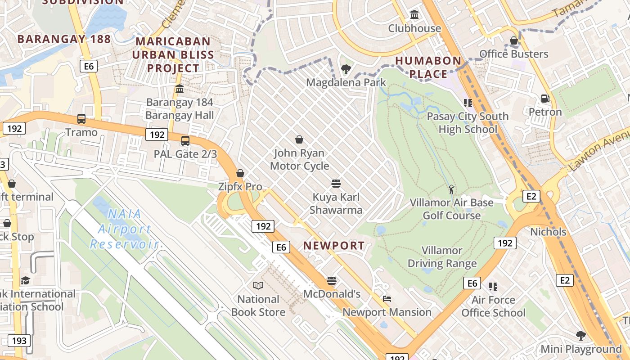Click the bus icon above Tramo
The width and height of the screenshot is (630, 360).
[81, 119]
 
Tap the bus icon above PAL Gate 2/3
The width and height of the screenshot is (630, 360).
[185, 140]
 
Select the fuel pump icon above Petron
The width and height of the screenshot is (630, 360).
[545, 98]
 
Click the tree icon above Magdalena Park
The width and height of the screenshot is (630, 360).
[346, 69]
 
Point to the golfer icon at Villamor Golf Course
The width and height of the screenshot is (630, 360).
[451, 189]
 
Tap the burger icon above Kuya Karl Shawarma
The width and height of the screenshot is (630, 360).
[336, 184]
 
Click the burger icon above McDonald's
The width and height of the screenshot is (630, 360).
[332, 281]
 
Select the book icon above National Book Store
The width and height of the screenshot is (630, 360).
[258, 285]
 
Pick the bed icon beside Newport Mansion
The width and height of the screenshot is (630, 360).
[387, 298]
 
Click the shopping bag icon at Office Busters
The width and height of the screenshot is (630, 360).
[513, 41]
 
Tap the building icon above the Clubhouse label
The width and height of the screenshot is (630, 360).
[414, 15]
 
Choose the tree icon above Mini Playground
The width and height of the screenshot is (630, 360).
[580, 335]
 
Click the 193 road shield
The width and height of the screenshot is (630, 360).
[19, 341]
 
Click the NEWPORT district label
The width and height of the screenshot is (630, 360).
[333, 246]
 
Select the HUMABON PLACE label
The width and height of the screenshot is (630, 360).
[428, 67]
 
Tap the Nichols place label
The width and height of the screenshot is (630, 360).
[548, 232]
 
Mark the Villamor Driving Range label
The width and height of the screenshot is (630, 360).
[442, 257]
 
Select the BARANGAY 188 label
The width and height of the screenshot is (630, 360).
[64, 39]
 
